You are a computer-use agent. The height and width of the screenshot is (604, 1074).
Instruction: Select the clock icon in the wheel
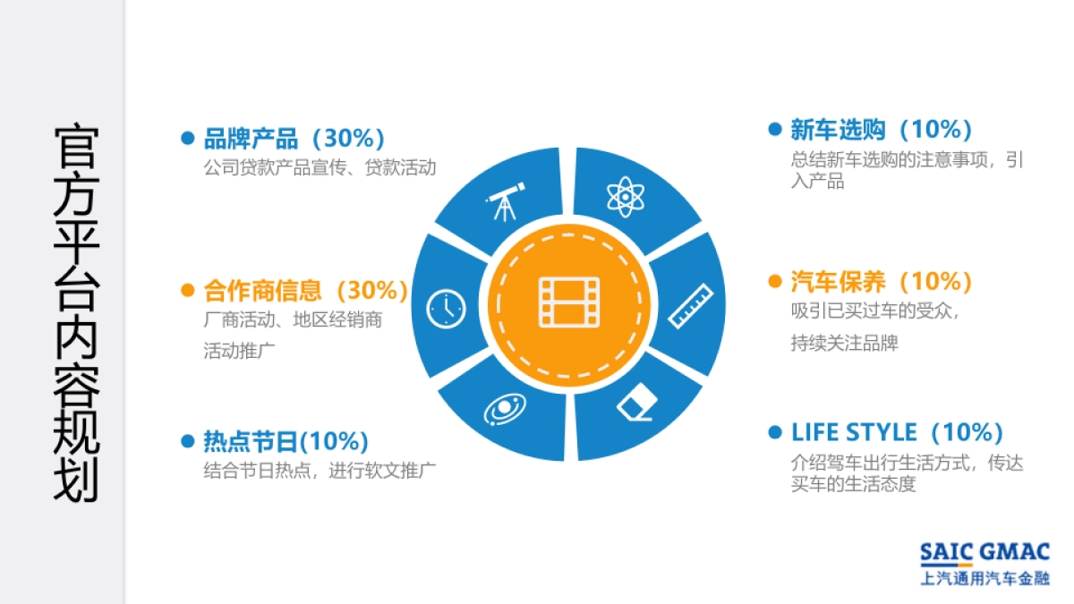pos(445,309)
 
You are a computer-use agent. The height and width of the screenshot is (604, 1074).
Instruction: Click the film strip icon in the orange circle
pos(568,302)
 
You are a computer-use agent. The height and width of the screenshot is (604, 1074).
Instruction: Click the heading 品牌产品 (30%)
pos(294,139)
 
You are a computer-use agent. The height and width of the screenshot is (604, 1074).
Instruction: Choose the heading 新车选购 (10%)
pos(882,130)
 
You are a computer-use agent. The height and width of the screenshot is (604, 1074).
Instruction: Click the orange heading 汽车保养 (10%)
pos(882,282)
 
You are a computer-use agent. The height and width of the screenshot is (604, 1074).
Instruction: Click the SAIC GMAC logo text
pos(984,552)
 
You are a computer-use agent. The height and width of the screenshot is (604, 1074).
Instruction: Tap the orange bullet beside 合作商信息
pos(188,291)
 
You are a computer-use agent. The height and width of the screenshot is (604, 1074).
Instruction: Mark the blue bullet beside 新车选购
pos(775,130)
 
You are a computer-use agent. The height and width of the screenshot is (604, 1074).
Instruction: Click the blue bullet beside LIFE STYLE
pos(775,433)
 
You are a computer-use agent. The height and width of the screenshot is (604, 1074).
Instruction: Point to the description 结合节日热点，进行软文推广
pos(320,470)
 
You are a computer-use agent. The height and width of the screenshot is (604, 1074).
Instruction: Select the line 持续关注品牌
pos(844,343)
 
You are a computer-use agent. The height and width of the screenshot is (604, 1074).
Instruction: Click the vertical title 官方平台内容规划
pos(76,313)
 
